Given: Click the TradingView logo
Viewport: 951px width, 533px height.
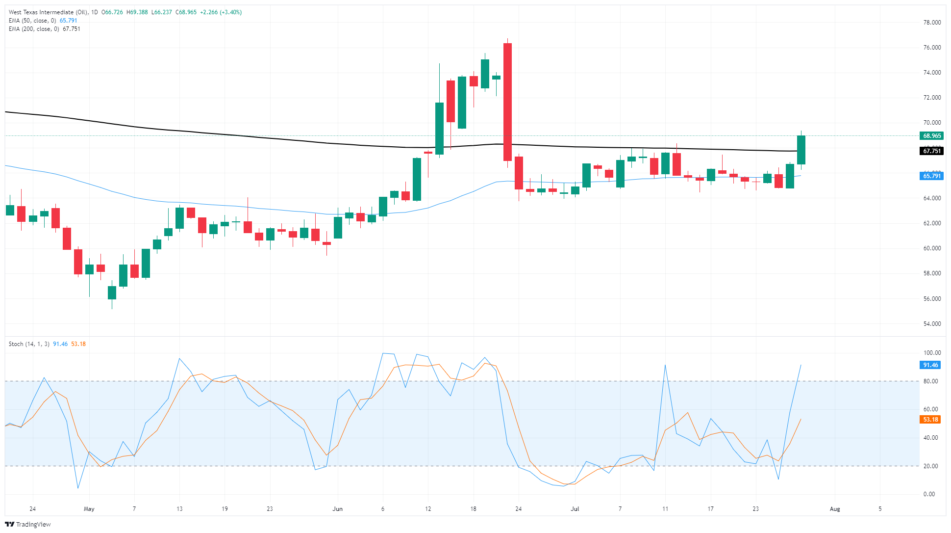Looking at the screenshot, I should point(27,524).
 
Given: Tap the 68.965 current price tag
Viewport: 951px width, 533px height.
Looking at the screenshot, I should point(931,136).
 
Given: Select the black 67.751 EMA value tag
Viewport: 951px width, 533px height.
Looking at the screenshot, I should point(931,151).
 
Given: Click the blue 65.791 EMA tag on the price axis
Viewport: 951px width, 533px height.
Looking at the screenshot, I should point(931,176).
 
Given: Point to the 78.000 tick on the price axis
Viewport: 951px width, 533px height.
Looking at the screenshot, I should point(931,23).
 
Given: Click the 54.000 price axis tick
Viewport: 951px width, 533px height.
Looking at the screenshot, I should point(931,324).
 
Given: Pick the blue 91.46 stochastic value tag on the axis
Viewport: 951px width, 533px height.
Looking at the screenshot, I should point(930,365).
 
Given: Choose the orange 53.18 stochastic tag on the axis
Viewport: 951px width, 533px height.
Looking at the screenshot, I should point(930,420).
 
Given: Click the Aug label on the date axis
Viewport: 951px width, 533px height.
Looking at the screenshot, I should point(835,509).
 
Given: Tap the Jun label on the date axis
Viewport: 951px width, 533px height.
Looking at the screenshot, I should point(337,509).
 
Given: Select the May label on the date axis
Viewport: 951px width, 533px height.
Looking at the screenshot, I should point(89,509).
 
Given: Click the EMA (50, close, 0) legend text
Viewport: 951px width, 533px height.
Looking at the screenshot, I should point(33,21).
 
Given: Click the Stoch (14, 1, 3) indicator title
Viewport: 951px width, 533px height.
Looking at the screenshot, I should point(29,344).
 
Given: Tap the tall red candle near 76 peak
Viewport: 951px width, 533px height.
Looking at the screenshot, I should point(507,102).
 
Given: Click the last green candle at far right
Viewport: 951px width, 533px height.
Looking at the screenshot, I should point(801,150).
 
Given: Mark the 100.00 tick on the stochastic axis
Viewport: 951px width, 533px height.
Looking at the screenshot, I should point(931,353).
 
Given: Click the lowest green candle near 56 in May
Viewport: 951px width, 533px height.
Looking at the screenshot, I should point(112,293).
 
